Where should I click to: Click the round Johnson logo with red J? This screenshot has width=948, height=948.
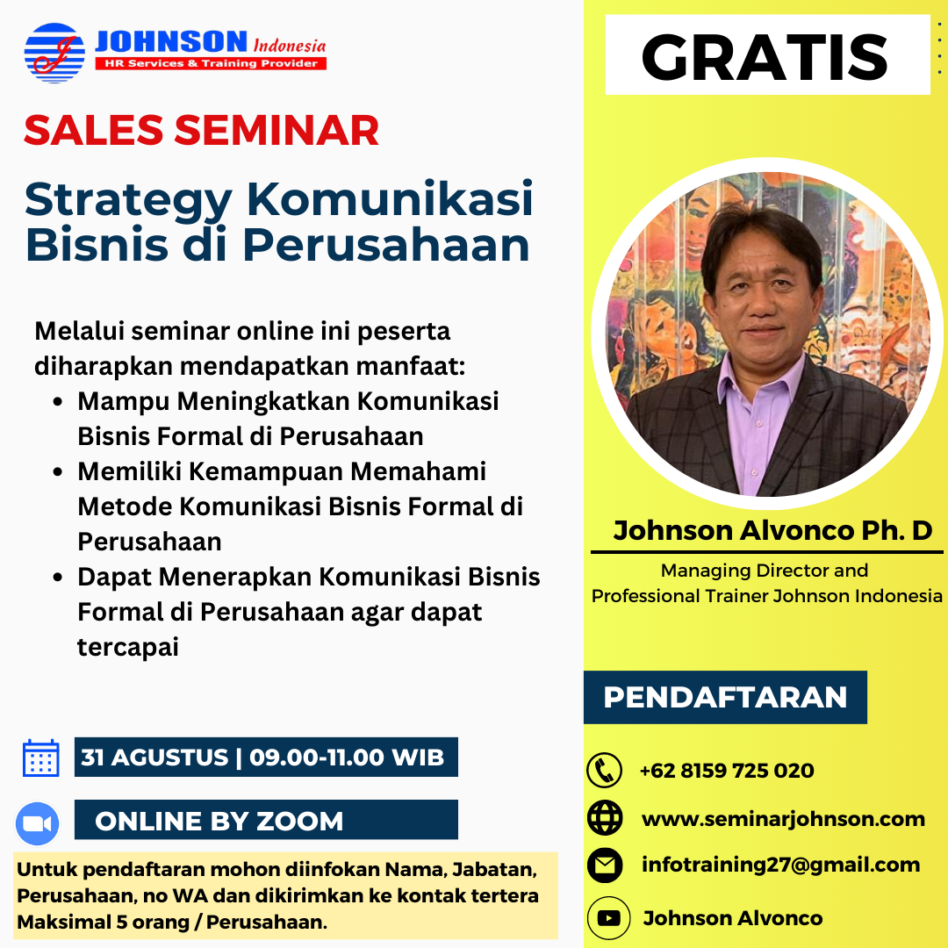54,53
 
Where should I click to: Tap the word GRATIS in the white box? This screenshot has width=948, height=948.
765,57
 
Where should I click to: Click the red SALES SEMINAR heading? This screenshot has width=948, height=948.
201,130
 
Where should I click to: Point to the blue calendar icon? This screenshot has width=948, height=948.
40,757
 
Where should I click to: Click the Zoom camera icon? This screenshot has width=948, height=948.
38,823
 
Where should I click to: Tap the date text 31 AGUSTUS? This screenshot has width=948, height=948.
154,757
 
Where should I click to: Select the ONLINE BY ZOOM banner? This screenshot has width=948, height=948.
266,820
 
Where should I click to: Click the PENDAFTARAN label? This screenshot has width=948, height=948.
725,697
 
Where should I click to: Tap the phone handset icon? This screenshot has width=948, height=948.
604,771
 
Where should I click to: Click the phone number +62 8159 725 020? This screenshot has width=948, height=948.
727,771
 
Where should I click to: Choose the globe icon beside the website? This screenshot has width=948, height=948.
605,817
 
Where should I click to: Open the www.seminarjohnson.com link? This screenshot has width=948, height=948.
783,819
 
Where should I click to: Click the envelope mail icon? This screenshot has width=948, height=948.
605,865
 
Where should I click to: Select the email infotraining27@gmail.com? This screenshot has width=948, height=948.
780,865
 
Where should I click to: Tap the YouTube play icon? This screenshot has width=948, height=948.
608,918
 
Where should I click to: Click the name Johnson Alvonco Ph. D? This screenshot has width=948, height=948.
772,530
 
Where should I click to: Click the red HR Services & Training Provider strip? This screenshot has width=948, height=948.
211,63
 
